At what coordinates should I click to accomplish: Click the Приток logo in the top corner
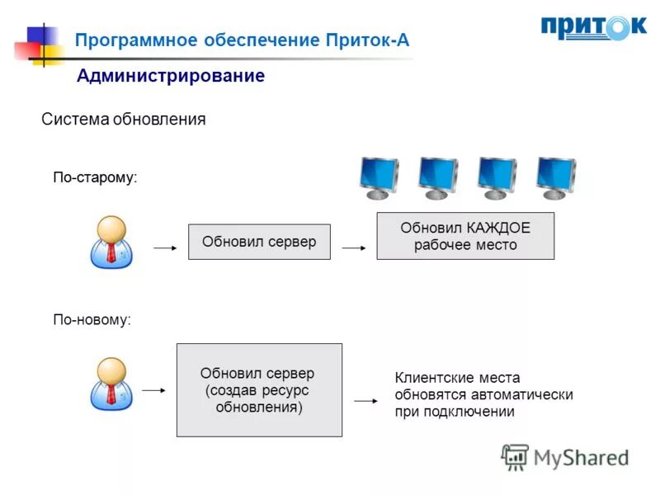tap(593, 28)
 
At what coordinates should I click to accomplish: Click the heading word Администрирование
tap(171, 77)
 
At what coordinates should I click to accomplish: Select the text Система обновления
tap(123, 120)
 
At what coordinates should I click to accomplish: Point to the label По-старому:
tap(95, 177)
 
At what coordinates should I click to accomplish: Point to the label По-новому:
tap(92, 319)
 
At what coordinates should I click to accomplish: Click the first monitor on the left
tap(379, 178)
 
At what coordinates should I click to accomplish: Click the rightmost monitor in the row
tap(555, 178)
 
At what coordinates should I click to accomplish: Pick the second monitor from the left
tap(437, 178)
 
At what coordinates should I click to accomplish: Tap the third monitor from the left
tap(496, 178)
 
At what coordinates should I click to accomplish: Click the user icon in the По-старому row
tap(111, 242)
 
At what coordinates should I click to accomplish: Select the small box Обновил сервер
tap(259, 243)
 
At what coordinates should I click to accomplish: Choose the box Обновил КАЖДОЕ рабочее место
tap(465, 237)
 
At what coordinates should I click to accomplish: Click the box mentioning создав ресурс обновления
tap(259, 390)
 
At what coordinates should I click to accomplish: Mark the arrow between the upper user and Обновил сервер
tap(165, 247)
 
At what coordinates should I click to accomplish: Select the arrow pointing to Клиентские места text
tap(365, 400)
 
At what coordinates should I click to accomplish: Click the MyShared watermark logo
tap(565, 457)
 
